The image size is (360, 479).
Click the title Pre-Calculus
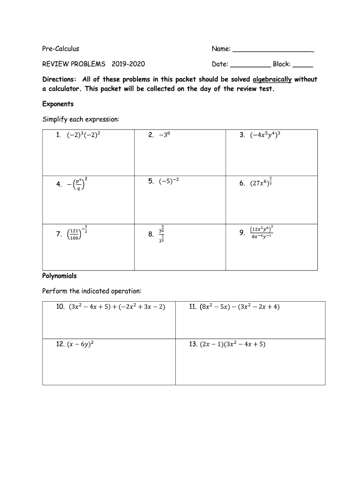point(61,49)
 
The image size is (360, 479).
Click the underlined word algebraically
point(272,80)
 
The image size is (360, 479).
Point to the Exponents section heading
point(58,104)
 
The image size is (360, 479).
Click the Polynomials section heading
point(59,276)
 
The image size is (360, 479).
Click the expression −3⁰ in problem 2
point(167,136)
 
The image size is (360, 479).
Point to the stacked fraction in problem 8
point(161,235)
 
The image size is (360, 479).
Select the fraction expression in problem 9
point(261,232)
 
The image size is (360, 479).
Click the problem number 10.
point(61,307)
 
